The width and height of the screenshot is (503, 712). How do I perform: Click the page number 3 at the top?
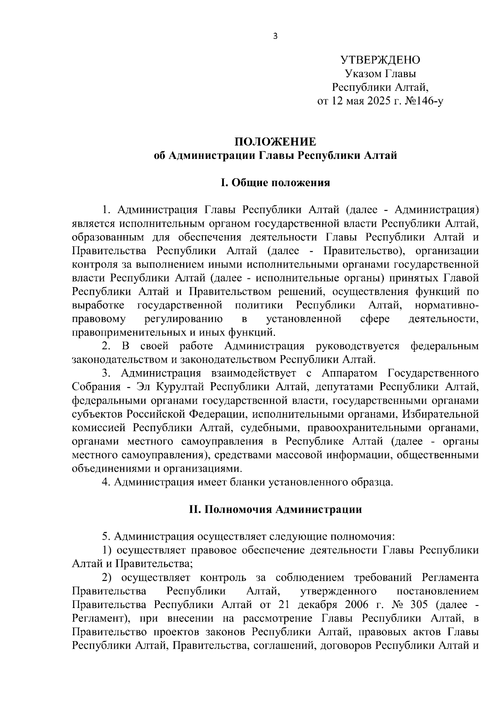[x=275, y=36]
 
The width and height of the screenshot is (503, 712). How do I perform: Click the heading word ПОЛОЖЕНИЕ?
[x=275, y=142]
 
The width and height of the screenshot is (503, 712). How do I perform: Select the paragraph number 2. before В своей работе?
[x=107, y=346]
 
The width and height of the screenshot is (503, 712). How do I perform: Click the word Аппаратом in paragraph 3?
[x=350, y=373]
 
